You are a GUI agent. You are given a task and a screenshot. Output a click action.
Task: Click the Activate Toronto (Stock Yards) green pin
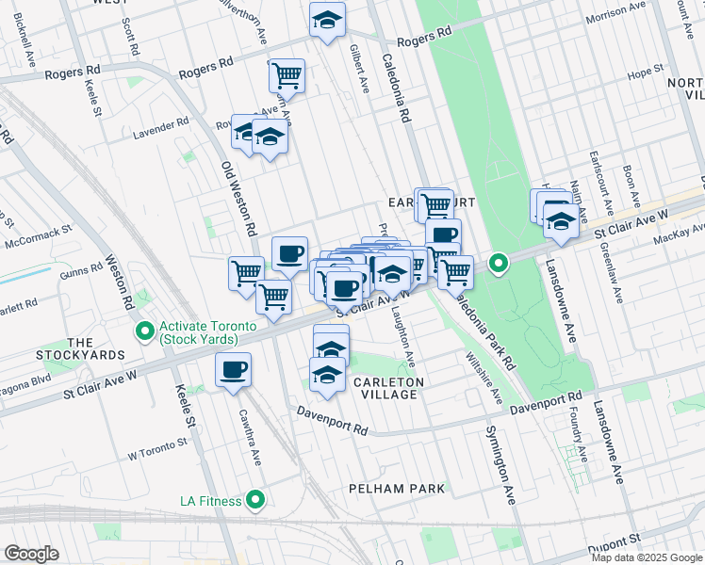click(144, 331)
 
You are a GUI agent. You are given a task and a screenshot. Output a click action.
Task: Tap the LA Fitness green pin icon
click(254, 499)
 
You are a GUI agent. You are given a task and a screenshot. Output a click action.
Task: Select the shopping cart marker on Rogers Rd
click(287, 74)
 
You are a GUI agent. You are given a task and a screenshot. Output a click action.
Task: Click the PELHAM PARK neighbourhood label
click(388, 489)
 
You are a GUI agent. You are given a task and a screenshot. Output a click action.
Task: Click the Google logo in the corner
click(31, 554)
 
